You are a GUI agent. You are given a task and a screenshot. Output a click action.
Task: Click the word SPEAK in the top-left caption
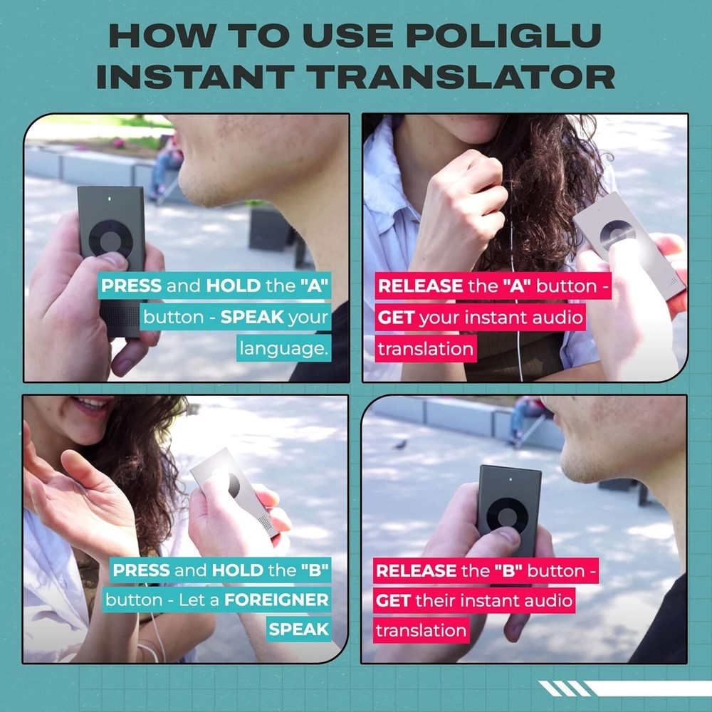[252, 318]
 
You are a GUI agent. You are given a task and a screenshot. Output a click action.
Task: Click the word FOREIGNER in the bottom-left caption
[276, 600]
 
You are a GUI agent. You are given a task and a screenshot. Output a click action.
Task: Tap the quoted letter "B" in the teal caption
[310, 570]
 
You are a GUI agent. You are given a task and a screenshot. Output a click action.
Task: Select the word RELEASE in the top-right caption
[419, 286]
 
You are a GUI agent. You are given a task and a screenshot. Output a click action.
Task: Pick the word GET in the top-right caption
[396, 318]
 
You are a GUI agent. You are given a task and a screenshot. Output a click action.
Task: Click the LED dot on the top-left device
[110, 199]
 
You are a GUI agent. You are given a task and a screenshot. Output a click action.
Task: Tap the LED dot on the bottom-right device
[510, 478]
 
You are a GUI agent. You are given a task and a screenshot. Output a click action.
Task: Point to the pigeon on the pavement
[401, 444]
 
